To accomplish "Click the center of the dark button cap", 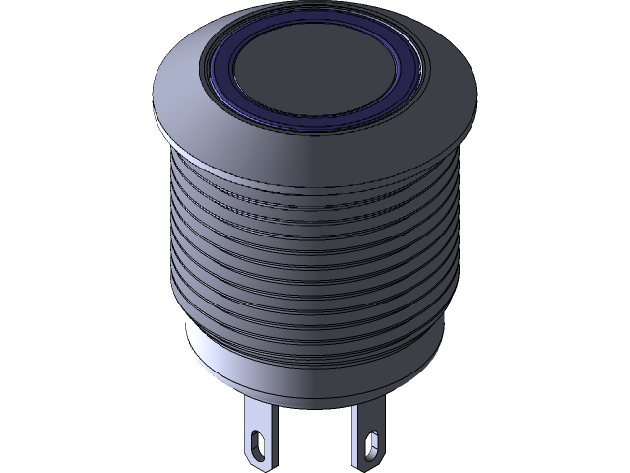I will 317,64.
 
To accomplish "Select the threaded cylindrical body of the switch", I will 315,256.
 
